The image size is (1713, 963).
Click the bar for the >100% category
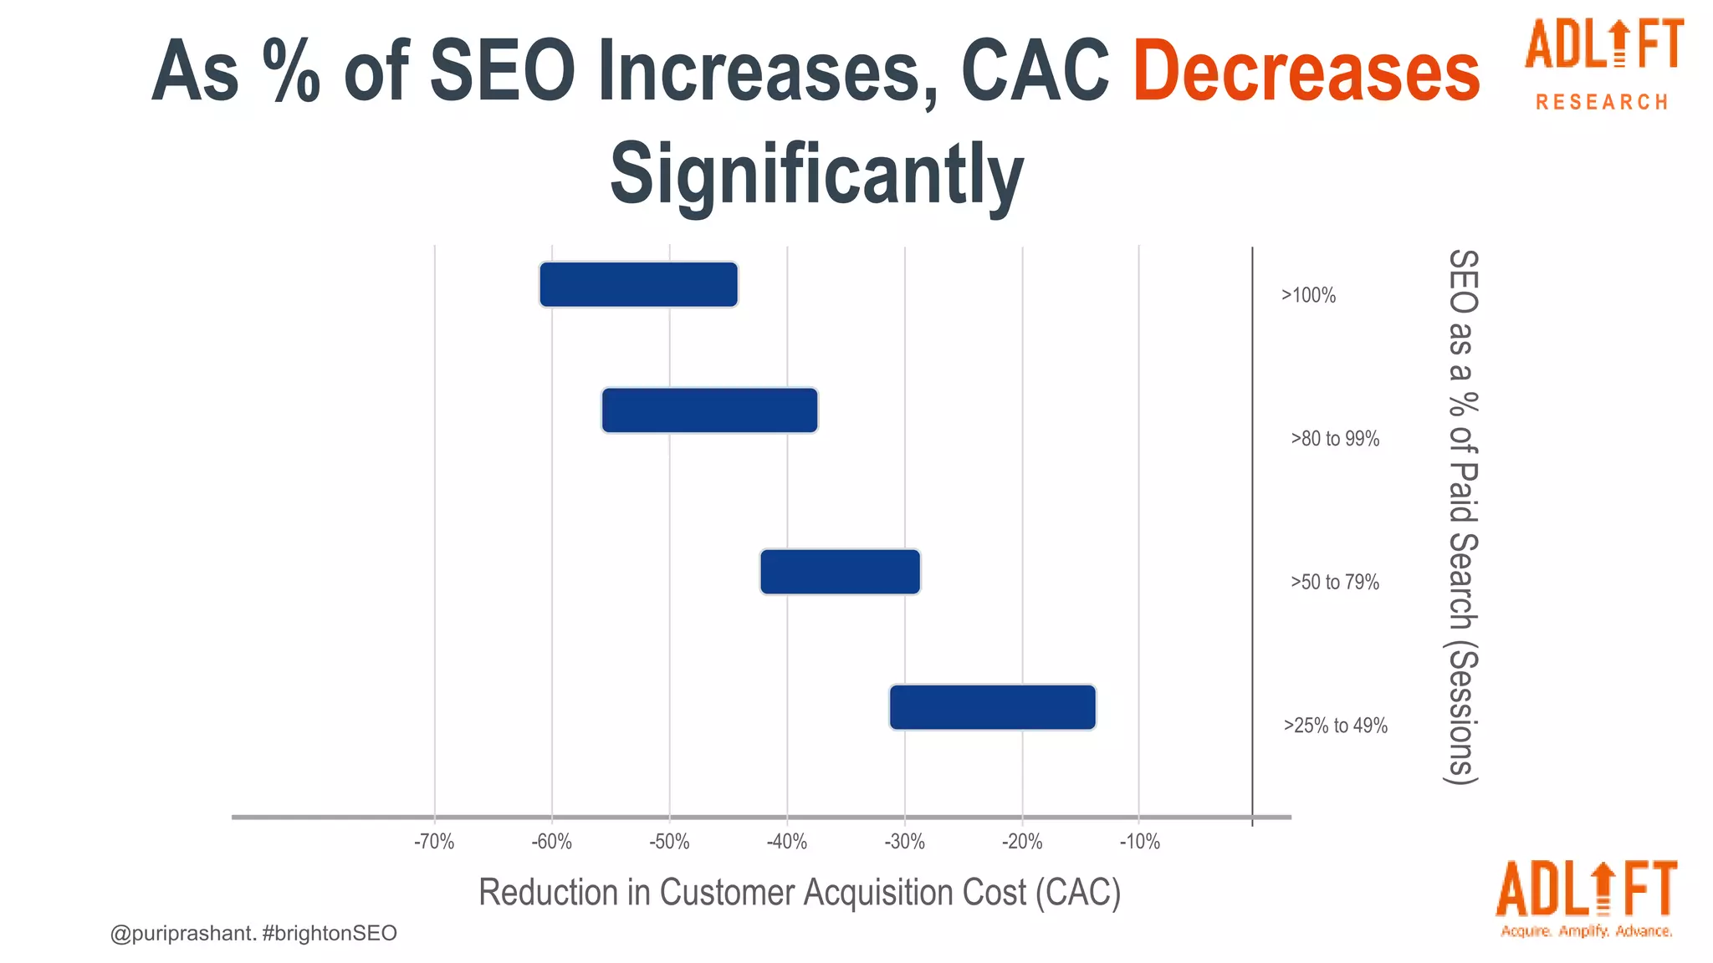tap(638, 285)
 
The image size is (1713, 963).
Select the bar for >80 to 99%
tap(709, 410)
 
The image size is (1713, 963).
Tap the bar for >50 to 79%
tap(840, 572)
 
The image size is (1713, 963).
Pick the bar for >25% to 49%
tap(992, 707)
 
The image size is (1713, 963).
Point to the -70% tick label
tap(434, 842)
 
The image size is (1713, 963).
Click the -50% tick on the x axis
tap(669, 842)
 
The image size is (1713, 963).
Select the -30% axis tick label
tap(904, 842)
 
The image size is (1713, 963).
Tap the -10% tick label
tap(1139, 842)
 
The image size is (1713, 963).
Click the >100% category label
tap(1308, 295)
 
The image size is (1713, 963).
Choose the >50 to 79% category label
tap(1334, 582)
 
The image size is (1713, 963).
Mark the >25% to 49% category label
tap(1335, 726)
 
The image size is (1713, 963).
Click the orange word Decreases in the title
tap(1306, 72)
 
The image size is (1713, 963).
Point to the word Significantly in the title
tap(816, 174)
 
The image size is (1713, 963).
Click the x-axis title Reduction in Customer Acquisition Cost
tap(799, 893)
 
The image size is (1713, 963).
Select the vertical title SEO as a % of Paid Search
tap(1462, 516)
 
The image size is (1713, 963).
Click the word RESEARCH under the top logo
tap(1602, 103)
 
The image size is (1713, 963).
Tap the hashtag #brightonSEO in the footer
tap(329, 933)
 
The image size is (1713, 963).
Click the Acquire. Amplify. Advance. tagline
tap(1586, 931)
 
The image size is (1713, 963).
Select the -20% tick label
tap(1022, 842)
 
